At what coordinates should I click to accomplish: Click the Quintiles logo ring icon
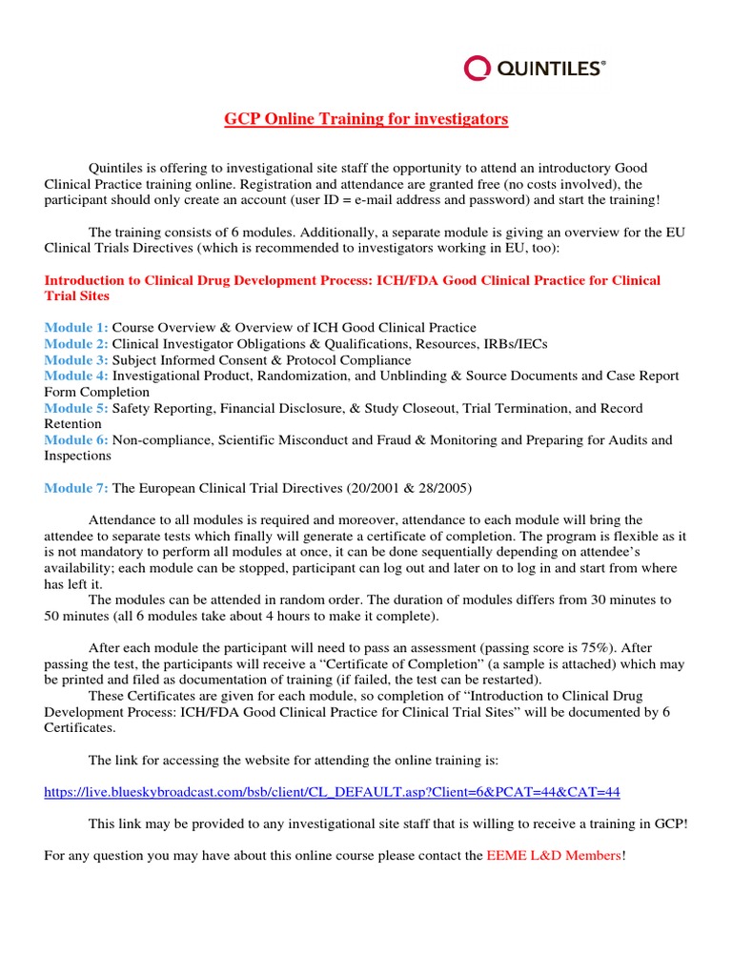coord(477,68)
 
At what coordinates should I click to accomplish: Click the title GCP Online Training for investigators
coord(366,119)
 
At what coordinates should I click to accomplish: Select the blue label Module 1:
coord(76,328)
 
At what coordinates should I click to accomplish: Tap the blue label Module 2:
coord(76,344)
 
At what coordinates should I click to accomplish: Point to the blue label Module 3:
coord(76,360)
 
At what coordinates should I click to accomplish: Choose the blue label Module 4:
coord(76,376)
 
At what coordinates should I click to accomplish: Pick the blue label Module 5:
coord(76,408)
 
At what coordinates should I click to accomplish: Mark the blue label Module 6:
coord(76,440)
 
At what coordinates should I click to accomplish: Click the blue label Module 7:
coord(76,488)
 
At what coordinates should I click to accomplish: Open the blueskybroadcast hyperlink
coord(333,792)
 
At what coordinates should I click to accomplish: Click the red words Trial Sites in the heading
coord(77,296)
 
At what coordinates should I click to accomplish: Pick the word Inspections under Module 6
coord(78,456)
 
